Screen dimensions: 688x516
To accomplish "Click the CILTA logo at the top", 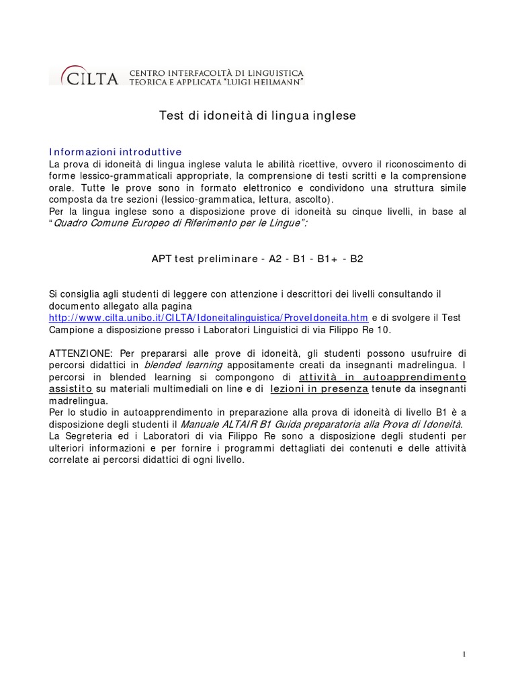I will pyautogui.click(x=84, y=76).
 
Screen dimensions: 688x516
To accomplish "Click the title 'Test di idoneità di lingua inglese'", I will pyautogui.click(x=257, y=116).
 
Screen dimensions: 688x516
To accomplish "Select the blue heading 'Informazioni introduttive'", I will pyautogui.click(x=116, y=152).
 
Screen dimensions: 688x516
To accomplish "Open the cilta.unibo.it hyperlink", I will pyautogui.click(x=209, y=318).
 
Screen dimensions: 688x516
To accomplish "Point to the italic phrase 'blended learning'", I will pyautogui.click(x=184, y=365).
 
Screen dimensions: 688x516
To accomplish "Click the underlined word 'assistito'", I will pyautogui.click(x=70, y=389).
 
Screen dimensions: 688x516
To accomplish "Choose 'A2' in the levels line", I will pyautogui.click(x=275, y=258).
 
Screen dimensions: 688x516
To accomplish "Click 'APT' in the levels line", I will pyautogui.click(x=162, y=258).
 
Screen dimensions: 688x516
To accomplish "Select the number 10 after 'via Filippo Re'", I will pyautogui.click(x=384, y=330).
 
